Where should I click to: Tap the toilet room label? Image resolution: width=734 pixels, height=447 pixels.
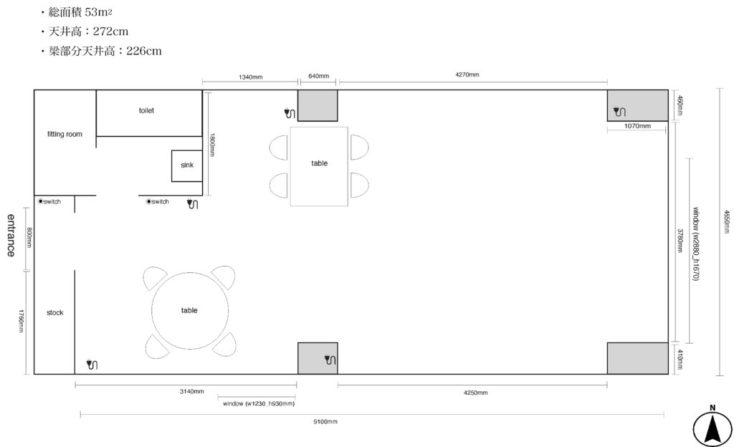click(x=146, y=110)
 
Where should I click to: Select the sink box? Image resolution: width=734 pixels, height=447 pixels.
click(x=187, y=165)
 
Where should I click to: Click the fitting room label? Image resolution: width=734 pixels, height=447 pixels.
click(x=65, y=134)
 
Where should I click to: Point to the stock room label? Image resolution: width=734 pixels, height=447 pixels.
click(x=54, y=312)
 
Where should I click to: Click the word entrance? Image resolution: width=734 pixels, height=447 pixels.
click(x=11, y=235)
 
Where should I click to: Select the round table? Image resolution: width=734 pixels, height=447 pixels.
click(x=189, y=310)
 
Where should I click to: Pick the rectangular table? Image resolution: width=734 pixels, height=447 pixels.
click(x=319, y=166)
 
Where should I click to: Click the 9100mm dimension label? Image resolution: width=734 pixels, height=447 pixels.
click(x=325, y=422)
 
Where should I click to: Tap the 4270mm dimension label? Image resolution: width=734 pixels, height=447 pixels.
click(x=467, y=74)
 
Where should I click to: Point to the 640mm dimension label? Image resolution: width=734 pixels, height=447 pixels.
click(x=318, y=76)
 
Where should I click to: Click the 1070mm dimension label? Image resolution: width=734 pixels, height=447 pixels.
click(x=637, y=126)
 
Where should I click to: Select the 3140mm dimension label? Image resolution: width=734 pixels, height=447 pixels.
click(x=192, y=391)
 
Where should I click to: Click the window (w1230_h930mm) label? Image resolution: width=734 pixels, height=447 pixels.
click(x=258, y=403)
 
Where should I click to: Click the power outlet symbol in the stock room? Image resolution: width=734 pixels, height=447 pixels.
click(x=92, y=364)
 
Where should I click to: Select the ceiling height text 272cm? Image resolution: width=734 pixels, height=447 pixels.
click(x=110, y=32)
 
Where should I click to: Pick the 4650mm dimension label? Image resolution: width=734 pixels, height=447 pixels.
click(x=727, y=221)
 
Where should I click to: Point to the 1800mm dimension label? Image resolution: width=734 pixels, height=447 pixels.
click(x=212, y=145)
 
